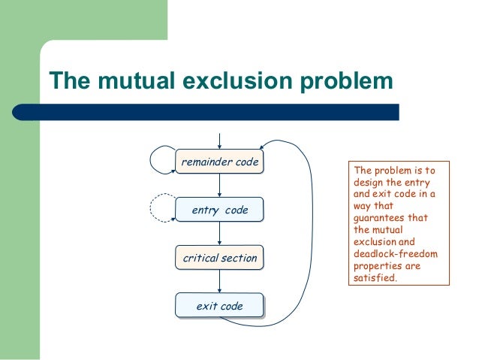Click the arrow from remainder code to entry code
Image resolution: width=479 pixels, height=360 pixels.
[x=218, y=186]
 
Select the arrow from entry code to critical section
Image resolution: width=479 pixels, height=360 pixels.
[x=218, y=234]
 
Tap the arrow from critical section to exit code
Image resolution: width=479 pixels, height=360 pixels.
[x=218, y=281]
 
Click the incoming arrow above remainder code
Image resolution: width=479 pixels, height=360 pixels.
[x=218, y=141]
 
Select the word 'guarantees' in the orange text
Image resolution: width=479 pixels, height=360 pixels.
[x=378, y=218]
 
